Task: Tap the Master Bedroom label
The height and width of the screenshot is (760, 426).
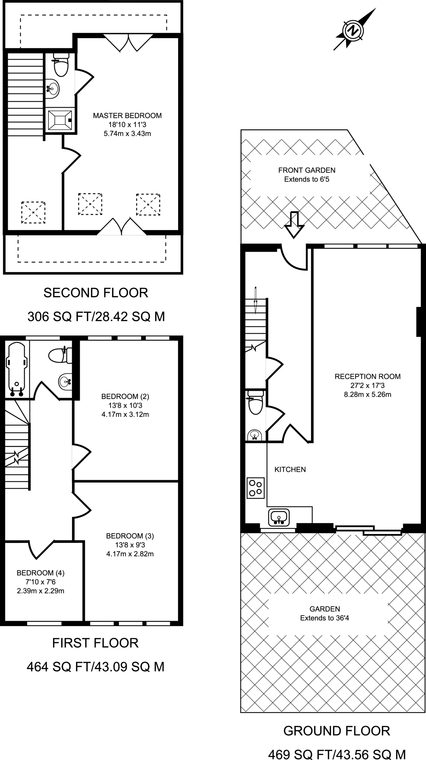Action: (127, 115)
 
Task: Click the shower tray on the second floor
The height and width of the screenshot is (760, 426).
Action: (60, 119)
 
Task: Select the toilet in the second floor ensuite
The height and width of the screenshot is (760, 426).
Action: (60, 65)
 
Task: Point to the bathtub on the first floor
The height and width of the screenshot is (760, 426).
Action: (16, 367)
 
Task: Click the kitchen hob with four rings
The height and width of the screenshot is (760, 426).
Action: (255, 488)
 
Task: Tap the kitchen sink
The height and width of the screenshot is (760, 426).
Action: (279, 517)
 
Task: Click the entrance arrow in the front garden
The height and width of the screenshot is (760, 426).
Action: (294, 225)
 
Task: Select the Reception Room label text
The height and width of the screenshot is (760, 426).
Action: (367, 376)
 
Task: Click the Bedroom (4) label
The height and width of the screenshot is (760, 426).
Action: (40, 573)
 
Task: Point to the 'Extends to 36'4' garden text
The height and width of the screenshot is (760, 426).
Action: (324, 618)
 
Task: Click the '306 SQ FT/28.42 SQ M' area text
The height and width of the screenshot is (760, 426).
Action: (96, 317)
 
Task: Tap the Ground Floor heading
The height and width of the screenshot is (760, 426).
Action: (337, 731)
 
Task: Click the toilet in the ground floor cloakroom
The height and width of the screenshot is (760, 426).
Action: (256, 403)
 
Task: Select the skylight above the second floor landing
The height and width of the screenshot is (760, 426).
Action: (33, 212)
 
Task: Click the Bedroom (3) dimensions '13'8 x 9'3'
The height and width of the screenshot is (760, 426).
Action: (130, 545)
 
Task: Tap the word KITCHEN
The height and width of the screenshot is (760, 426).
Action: (290, 469)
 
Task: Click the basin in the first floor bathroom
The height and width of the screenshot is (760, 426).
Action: (66, 381)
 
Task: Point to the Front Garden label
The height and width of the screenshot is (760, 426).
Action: (307, 170)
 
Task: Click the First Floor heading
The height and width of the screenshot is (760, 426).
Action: (95, 643)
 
